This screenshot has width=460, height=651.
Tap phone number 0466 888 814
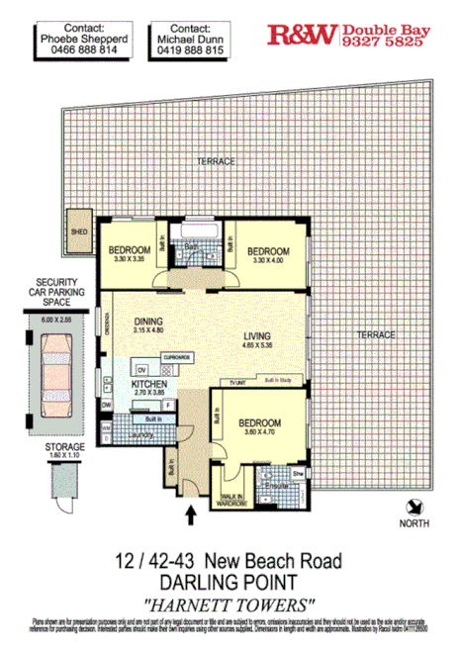97,47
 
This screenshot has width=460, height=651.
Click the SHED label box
79,233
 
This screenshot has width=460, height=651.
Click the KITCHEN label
149,384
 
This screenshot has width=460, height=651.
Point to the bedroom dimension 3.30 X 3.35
129,259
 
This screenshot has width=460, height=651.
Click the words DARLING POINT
229,581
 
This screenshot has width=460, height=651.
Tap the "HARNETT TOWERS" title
229,601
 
